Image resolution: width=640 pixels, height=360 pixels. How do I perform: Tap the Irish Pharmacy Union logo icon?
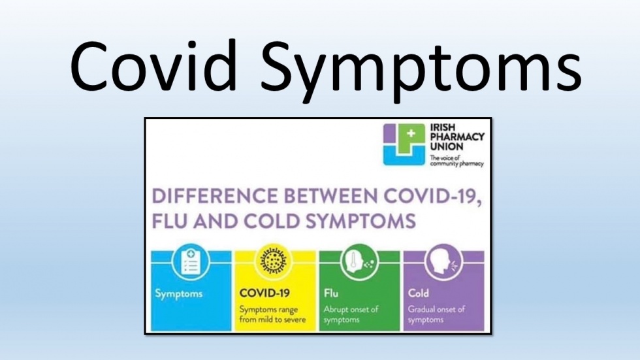point(404,144)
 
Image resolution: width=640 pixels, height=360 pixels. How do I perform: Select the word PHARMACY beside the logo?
point(457,137)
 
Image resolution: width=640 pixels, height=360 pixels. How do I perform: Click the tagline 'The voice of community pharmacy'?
point(456,161)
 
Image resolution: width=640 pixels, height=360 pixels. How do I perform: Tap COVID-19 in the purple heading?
point(432,196)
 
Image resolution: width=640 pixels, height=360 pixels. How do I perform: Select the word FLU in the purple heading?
point(169,221)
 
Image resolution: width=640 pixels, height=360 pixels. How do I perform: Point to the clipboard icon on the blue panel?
point(191,261)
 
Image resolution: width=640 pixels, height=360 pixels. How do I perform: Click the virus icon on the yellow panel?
point(275,261)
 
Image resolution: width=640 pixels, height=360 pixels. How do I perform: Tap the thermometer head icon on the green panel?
point(359,261)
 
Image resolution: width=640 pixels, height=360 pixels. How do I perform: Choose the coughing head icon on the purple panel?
point(443,261)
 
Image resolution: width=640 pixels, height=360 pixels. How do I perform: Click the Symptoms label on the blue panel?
point(179,294)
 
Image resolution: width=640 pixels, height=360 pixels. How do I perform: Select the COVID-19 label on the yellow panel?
point(264,293)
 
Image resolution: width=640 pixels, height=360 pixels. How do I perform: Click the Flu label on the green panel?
point(331,293)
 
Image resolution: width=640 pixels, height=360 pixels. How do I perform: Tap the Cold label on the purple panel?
point(419,293)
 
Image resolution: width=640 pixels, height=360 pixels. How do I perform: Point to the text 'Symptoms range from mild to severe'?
point(272,315)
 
